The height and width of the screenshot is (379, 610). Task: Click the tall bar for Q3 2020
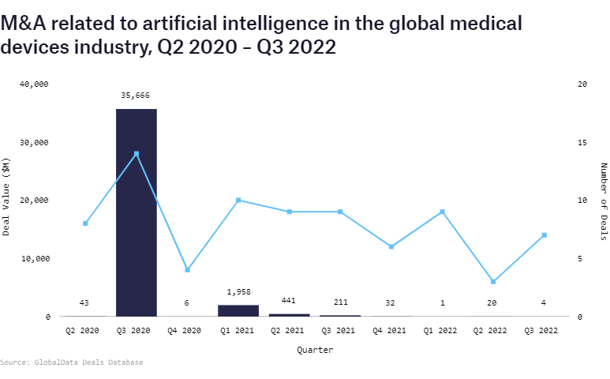136,212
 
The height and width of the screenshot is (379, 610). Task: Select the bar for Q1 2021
238,310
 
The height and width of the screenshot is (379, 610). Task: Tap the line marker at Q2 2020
85,223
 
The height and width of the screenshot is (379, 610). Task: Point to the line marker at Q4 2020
187,270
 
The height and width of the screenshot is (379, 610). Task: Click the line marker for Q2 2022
493,282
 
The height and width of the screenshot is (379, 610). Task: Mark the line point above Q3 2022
545,235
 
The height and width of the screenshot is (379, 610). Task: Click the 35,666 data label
136,96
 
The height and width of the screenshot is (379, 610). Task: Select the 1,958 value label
238,292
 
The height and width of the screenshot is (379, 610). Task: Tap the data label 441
289,301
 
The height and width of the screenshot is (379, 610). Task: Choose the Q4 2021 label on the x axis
391,332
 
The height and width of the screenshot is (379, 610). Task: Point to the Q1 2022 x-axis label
442,332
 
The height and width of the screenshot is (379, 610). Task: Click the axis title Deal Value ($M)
7,200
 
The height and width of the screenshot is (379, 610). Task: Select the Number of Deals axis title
604,200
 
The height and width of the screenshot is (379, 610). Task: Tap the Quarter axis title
315,349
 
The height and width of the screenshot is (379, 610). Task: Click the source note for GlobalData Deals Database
72,362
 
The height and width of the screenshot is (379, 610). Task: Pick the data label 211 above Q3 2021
340,301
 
